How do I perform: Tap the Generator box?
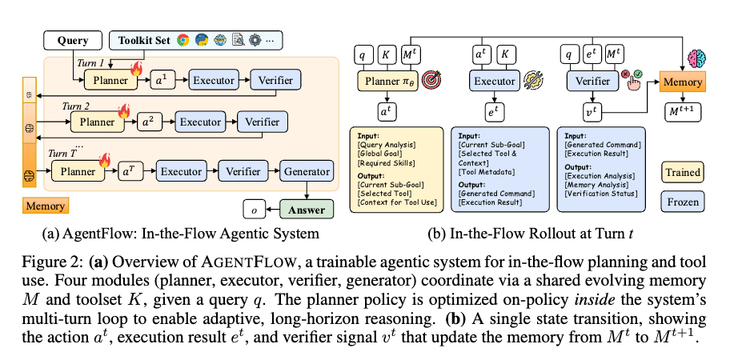click(x=307, y=171)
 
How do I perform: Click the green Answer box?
click(x=307, y=210)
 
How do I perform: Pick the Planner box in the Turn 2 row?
click(x=97, y=122)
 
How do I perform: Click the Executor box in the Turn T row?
click(x=180, y=171)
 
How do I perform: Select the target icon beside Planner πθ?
click(x=431, y=80)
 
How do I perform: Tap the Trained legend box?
click(x=682, y=171)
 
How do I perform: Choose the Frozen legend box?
click(x=682, y=202)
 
